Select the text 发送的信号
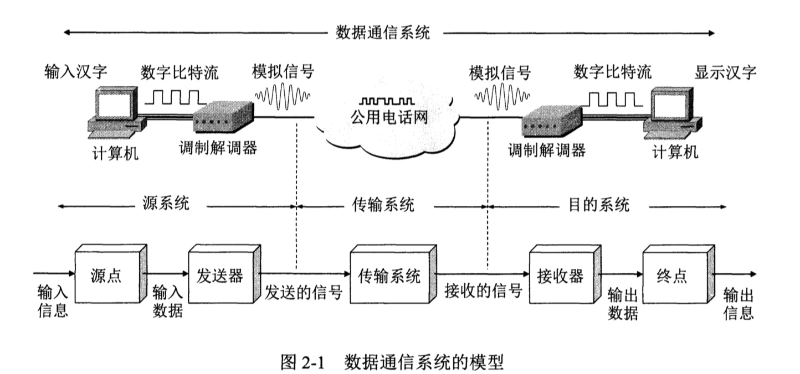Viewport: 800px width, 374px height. point(303,292)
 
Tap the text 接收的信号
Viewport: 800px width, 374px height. point(483,292)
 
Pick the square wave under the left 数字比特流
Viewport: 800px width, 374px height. point(176,97)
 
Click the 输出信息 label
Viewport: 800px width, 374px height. point(739,303)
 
